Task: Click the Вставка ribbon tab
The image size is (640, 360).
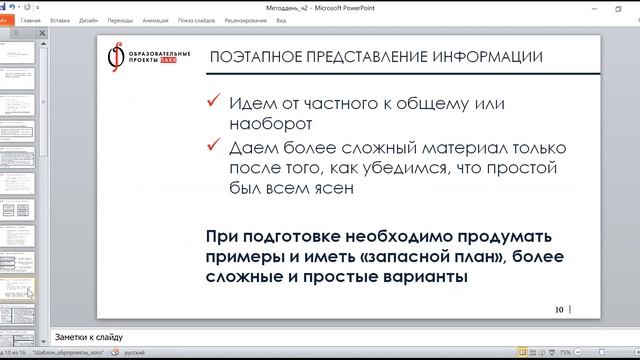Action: [59, 19]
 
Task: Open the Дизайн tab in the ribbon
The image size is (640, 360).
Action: [88, 19]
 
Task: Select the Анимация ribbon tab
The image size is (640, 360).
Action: [155, 19]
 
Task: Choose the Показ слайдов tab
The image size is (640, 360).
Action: [197, 19]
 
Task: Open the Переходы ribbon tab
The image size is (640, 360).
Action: [120, 19]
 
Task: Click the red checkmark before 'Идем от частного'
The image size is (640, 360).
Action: [211, 104]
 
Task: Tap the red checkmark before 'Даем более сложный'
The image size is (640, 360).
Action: [211, 148]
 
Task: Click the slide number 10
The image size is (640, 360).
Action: [559, 308]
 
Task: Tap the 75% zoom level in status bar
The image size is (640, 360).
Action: [566, 352]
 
